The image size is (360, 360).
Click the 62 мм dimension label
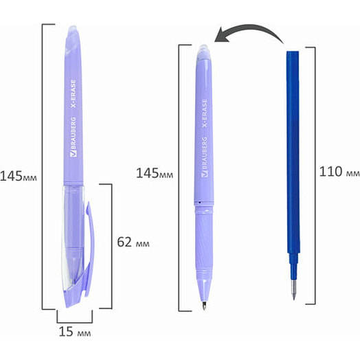click(x=133, y=242)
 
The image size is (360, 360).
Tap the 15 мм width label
click(x=75, y=332)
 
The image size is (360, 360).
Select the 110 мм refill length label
click(x=339, y=172)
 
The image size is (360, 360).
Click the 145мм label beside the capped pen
click(x=19, y=177)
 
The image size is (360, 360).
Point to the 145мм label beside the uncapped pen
click(x=155, y=173)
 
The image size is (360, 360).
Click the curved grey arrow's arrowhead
click(x=221, y=35)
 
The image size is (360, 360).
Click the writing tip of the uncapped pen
click(x=204, y=306)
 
